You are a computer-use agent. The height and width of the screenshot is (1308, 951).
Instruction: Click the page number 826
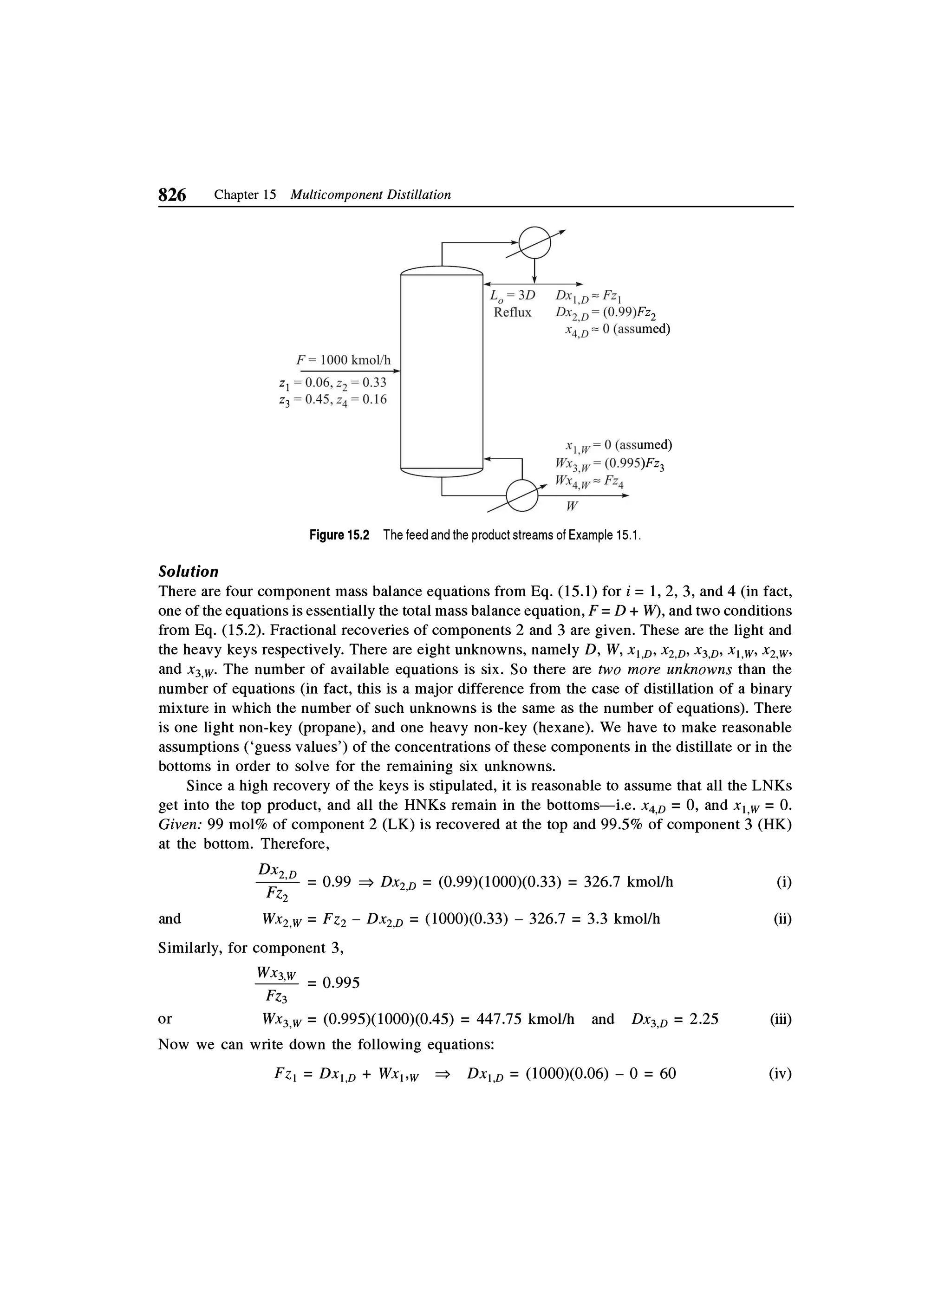tap(172, 195)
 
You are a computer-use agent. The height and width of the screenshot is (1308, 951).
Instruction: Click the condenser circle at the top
tap(534, 243)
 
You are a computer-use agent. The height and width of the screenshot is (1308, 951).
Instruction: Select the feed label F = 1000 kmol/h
tap(343, 360)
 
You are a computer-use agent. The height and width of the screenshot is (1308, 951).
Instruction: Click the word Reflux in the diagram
tap(512, 312)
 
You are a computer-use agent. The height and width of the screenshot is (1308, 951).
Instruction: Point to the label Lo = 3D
tap(512, 295)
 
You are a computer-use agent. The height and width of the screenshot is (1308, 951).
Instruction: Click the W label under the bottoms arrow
tap(572, 507)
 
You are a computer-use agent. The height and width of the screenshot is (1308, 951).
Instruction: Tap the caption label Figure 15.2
tap(339, 535)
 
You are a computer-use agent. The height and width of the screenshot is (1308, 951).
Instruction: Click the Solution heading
tap(189, 572)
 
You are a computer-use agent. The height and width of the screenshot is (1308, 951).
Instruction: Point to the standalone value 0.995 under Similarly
tap(341, 983)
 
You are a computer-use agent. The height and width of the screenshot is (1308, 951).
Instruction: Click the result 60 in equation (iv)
tap(667, 1074)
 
